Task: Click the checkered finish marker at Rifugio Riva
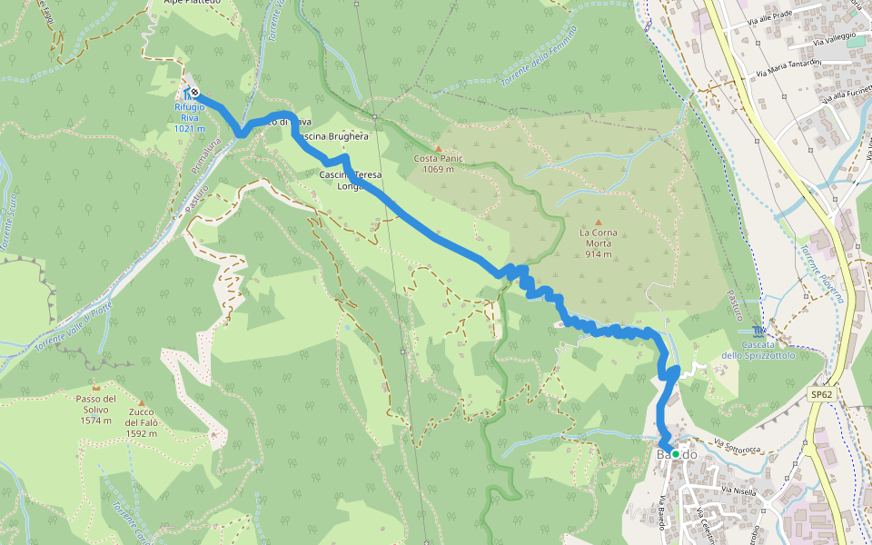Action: point(194,93)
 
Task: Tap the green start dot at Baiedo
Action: point(675,454)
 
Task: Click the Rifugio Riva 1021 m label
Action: point(190,117)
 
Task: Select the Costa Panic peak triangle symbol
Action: point(438,148)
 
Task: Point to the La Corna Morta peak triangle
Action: point(598,222)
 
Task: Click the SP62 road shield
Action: point(821,395)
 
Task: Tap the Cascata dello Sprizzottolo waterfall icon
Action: point(758,329)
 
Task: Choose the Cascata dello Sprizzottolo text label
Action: point(758,351)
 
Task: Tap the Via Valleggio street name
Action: point(835,38)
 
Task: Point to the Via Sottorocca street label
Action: point(736,446)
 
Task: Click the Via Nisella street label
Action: point(738,491)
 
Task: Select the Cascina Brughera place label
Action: point(332,136)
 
